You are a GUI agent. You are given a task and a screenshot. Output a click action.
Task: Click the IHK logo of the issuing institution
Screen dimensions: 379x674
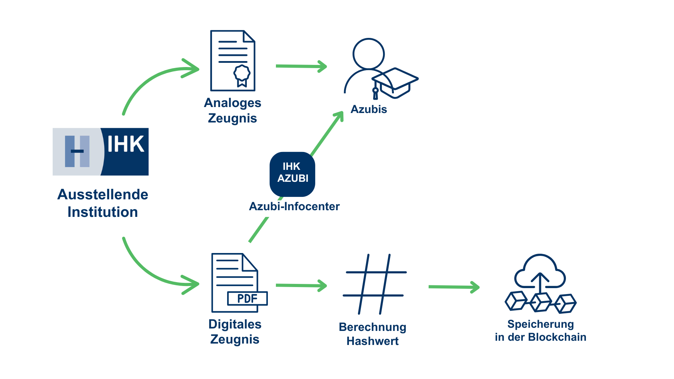tap(101, 152)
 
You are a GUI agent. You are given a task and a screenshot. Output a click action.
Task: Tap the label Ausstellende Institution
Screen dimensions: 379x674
tap(103, 203)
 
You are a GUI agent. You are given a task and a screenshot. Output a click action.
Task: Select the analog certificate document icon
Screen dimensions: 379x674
tap(232, 60)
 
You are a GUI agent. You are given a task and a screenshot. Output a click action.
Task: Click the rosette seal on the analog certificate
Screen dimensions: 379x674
tap(242, 73)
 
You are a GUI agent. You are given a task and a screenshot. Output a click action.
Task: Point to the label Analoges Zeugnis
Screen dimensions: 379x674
tap(232, 110)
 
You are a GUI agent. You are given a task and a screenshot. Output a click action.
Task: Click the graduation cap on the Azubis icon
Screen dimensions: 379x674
tap(395, 82)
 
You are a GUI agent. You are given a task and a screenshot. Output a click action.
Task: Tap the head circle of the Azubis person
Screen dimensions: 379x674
tap(369, 54)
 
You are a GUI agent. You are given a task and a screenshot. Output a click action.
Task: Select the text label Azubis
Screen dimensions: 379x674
tap(369, 109)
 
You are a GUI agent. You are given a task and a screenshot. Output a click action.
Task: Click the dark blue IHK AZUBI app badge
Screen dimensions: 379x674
tap(292, 174)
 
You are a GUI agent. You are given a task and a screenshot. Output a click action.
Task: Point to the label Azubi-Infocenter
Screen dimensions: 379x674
tap(294, 206)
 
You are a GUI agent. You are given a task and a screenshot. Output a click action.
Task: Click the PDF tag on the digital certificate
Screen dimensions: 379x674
tap(247, 298)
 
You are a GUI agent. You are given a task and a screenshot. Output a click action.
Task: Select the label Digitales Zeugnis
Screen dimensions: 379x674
tap(235, 332)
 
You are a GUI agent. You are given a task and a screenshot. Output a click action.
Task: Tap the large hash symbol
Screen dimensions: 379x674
tap(375, 284)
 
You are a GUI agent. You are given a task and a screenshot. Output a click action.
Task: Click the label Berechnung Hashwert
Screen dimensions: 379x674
tap(372, 334)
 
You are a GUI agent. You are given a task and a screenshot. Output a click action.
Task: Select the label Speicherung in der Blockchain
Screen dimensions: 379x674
tap(540, 330)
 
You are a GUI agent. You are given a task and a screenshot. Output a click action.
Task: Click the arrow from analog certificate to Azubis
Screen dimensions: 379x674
tap(301, 66)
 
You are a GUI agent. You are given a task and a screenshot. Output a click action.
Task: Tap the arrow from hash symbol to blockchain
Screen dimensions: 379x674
tap(454, 287)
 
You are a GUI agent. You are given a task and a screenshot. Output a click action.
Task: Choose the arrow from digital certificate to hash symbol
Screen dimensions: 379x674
tap(301, 286)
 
